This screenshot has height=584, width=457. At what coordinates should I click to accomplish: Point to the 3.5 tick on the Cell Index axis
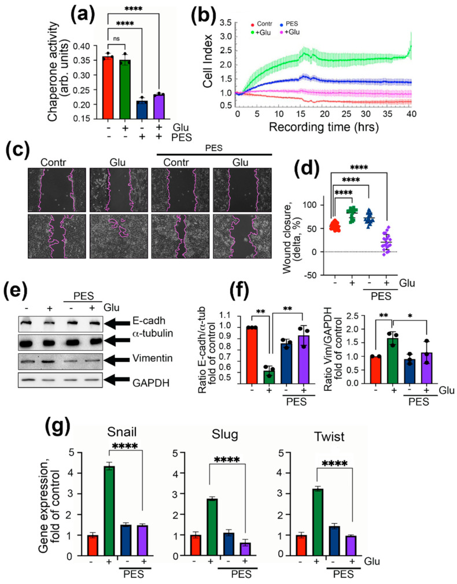[x=227, y=23]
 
